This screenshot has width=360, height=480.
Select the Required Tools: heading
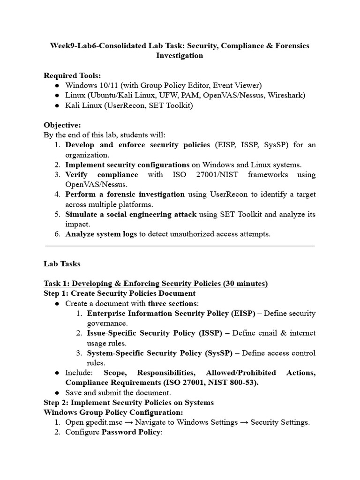(72, 75)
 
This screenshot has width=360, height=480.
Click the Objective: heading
(62, 125)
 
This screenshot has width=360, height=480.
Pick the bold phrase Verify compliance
(102, 174)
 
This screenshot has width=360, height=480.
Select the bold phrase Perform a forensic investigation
(125, 194)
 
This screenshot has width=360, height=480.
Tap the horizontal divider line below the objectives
(180, 246)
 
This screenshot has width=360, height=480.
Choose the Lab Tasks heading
(62, 263)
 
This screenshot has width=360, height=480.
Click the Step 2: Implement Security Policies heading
(128, 402)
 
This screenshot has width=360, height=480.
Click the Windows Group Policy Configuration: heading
(113, 412)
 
